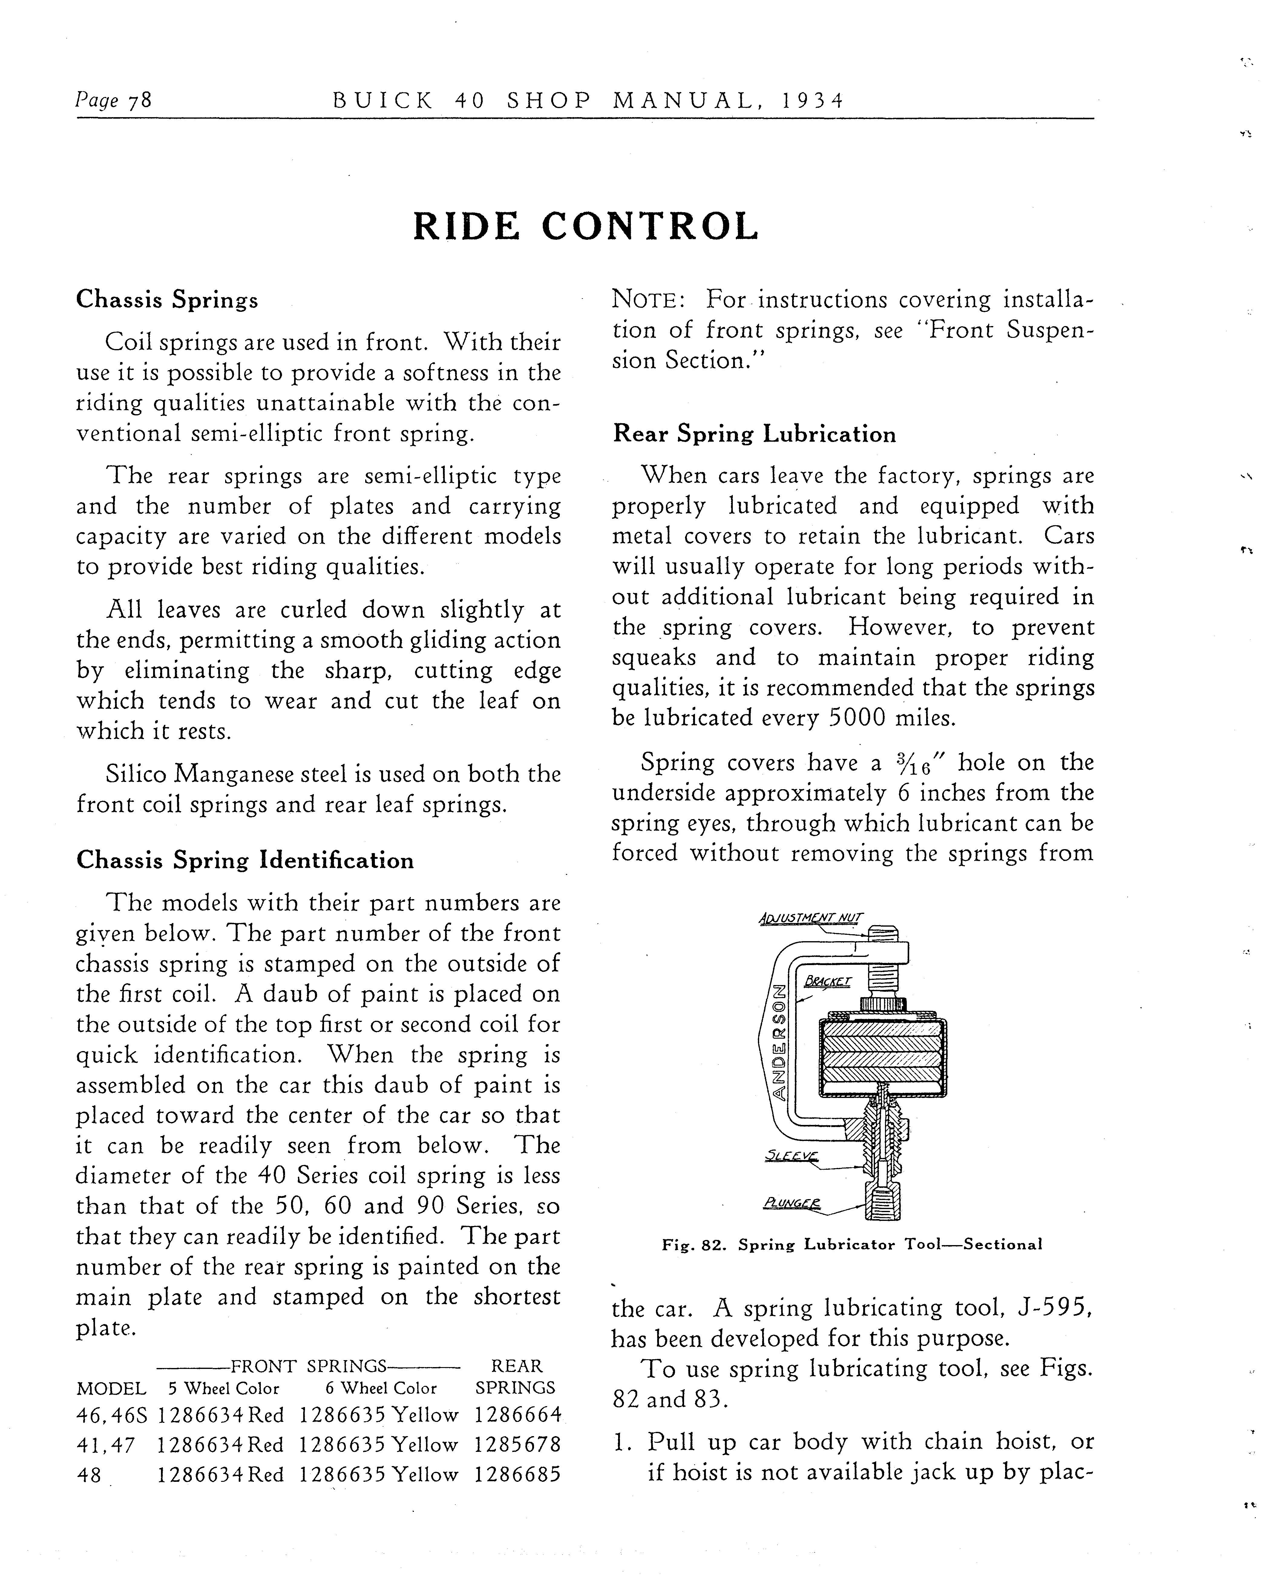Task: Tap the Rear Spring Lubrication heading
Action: click(x=754, y=434)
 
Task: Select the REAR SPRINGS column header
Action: click(x=515, y=1377)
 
